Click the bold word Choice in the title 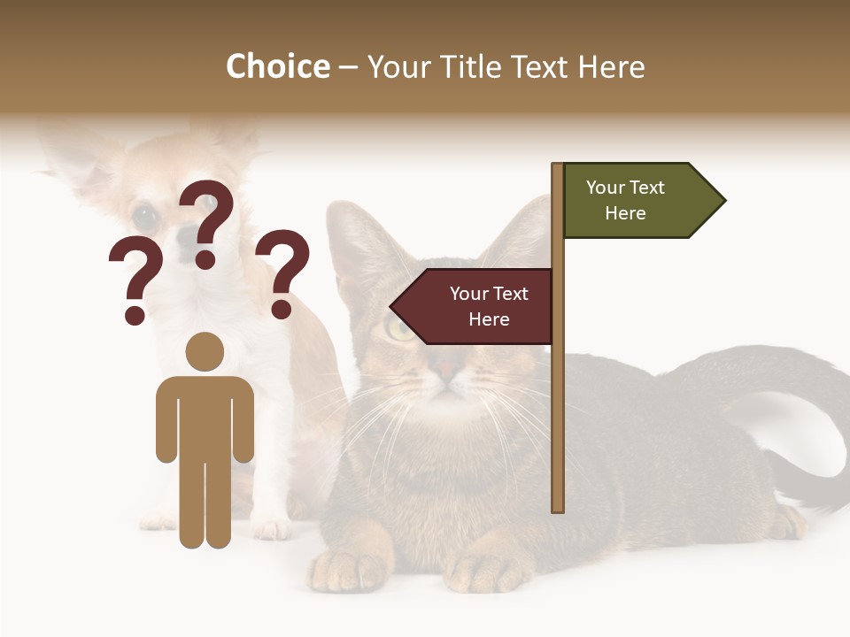[x=277, y=66]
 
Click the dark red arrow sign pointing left [x=474, y=306]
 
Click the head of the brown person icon [x=205, y=351]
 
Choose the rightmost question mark [x=283, y=272]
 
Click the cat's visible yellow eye [x=400, y=329]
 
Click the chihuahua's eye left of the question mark [x=144, y=215]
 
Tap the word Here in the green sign [x=625, y=213]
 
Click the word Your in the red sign [x=467, y=294]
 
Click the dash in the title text [x=349, y=68]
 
